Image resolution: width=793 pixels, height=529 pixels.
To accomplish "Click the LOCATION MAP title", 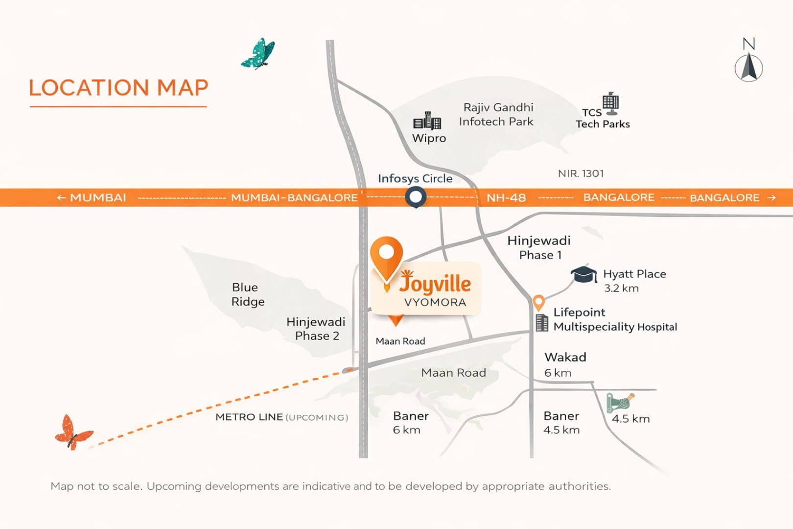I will [118, 88].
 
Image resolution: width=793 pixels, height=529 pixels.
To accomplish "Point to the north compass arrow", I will [748, 67].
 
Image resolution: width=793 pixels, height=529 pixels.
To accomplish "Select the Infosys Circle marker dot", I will [416, 197].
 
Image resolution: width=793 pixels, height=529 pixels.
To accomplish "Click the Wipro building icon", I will [427, 120].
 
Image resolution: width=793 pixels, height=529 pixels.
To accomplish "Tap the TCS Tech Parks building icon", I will [610, 103].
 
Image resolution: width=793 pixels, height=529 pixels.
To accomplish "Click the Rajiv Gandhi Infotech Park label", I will [497, 114].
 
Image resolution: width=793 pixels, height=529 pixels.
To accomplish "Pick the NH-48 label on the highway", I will [506, 198].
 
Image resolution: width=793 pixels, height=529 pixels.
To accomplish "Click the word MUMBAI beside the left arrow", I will [98, 198].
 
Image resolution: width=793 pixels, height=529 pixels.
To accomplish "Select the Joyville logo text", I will [435, 283].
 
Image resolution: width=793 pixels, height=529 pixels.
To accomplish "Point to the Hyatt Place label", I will [634, 274].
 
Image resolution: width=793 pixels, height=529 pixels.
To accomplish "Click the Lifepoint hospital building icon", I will [541, 323].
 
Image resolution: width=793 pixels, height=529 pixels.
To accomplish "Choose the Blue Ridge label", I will [248, 294].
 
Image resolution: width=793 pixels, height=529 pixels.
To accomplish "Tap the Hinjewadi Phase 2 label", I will [316, 329].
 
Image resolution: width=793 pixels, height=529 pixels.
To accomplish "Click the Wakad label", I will [565, 357].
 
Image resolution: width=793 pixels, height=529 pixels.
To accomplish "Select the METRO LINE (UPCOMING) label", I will [281, 417].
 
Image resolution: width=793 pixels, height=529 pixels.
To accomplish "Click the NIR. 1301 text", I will [581, 173].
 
